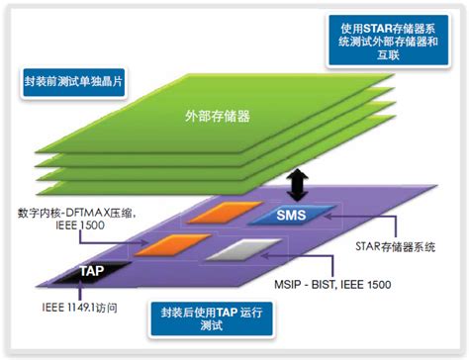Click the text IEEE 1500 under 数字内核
click(45, 226)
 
